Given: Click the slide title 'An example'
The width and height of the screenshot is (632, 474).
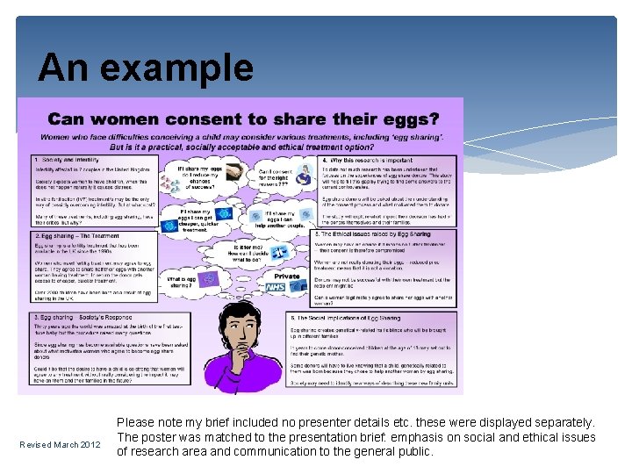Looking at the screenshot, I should (x=146, y=68).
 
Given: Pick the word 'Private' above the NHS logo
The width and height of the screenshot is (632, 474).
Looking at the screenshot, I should (x=288, y=276).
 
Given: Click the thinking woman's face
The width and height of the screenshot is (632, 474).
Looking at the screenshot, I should (x=236, y=329).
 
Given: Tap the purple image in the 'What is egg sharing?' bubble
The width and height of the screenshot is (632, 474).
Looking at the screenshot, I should (x=209, y=279).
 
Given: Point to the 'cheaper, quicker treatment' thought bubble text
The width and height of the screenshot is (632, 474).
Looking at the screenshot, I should (x=192, y=218).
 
